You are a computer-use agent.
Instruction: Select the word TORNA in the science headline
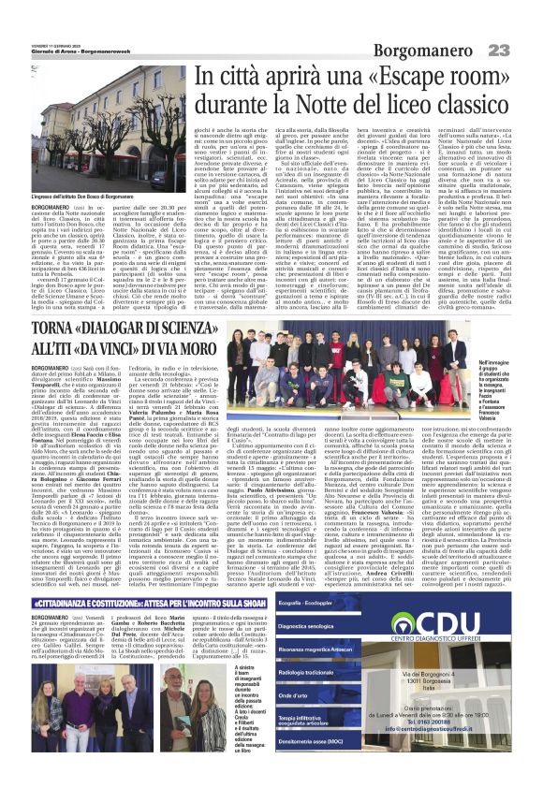(x=55, y=330)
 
